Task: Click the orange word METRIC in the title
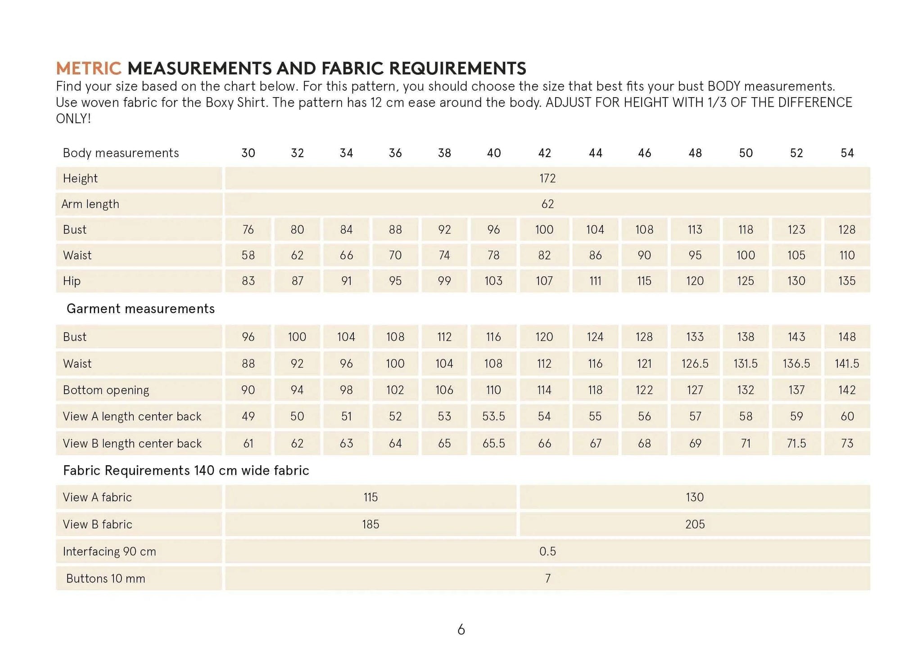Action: click(x=89, y=68)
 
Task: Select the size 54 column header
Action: click(x=847, y=153)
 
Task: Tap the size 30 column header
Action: click(x=248, y=153)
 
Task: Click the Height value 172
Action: click(x=547, y=178)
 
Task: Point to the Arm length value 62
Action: click(x=547, y=204)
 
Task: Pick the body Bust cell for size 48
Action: click(x=695, y=229)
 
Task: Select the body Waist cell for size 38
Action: click(x=444, y=255)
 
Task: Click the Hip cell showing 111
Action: click(x=595, y=281)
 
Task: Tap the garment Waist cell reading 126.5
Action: click(x=695, y=363)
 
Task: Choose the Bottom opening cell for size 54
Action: click(x=847, y=390)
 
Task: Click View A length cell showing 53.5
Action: click(x=493, y=416)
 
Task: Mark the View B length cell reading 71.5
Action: click(x=796, y=443)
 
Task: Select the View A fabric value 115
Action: click(x=371, y=497)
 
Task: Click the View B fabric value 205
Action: click(x=695, y=524)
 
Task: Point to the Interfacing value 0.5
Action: click(x=547, y=551)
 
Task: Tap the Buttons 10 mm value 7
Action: click(x=547, y=578)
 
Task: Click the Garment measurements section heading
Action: click(x=140, y=309)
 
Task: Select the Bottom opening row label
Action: click(x=106, y=390)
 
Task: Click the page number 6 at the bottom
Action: click(x=461, y=630)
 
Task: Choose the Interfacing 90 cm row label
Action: click(x=109, y=551)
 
